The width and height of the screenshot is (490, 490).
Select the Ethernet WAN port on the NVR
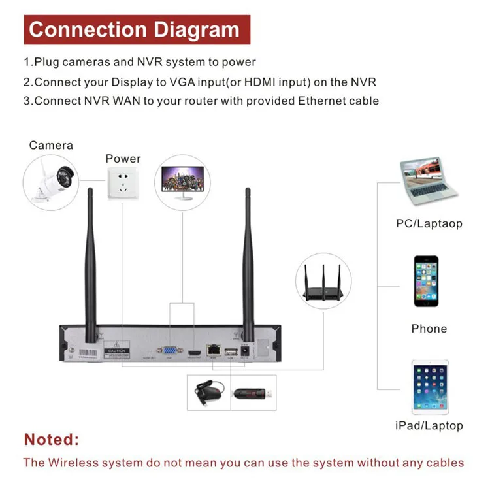214,350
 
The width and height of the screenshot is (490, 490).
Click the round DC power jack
246,351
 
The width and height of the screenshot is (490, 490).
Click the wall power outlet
123,184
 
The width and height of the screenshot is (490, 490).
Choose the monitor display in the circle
180,183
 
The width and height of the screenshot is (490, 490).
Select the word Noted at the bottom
51,438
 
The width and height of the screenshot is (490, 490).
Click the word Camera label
51,145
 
